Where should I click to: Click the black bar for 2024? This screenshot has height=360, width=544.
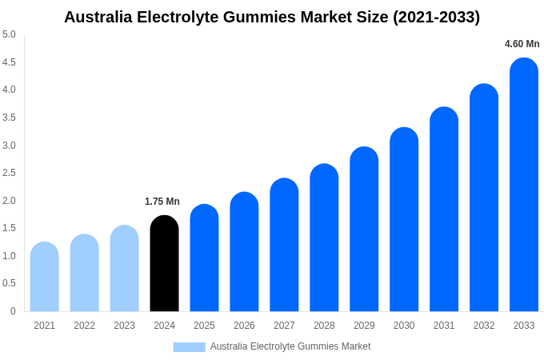[164, 264]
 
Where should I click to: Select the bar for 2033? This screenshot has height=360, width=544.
[524, 185]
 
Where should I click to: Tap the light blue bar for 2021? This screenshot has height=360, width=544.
[44, 277]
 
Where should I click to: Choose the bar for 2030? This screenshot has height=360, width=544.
[404, 220]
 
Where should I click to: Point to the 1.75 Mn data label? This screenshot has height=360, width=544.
[162, 202]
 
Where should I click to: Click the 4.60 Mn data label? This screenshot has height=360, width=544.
[522, 44]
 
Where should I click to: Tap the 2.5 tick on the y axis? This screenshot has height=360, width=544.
[9, 173]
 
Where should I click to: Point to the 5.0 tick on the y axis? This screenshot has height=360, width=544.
[9, 34]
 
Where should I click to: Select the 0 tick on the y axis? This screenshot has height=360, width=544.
[13, 311]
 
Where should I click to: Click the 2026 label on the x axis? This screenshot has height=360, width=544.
[244, 326]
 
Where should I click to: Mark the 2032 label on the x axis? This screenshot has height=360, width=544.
[484, 326]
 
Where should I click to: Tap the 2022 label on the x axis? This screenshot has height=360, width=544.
[84, 326]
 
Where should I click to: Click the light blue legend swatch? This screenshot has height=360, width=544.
[189, 347]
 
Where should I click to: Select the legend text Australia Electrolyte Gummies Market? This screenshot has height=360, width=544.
[290, 346]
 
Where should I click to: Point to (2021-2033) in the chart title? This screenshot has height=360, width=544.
[436, 17]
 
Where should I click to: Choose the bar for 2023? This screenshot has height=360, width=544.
[124, 269]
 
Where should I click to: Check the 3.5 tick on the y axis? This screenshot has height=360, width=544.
[9, 118]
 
